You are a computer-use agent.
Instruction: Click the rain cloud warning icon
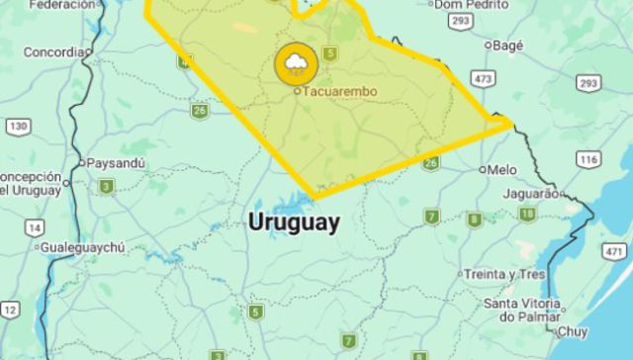(296, 64)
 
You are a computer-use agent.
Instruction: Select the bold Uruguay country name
(294, 222)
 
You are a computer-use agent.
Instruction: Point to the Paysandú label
(116, 162)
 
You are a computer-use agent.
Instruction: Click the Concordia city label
(53, 51)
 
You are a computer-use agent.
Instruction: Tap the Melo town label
(501, 169)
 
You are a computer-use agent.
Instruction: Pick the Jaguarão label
(529, 192)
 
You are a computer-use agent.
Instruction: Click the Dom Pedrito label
(465, 5)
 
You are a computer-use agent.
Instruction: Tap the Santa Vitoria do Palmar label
(520, 310)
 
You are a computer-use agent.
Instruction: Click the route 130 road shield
(17, 126)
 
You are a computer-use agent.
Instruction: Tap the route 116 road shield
(589, 158)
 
